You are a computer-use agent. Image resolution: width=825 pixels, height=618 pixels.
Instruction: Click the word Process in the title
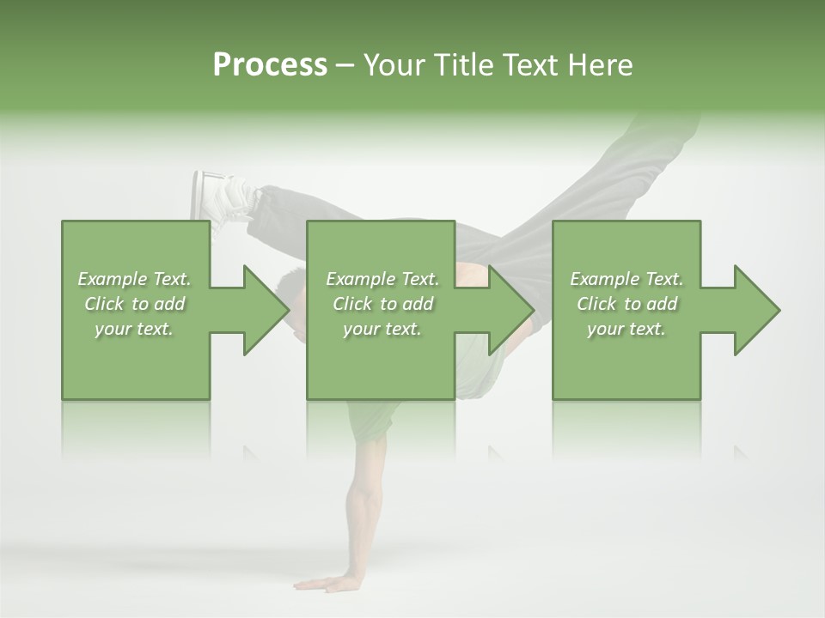click(270, 65)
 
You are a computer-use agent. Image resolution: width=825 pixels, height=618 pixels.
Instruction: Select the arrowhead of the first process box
click(263, 310)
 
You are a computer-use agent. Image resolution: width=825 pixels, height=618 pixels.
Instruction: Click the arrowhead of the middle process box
click(509, 310)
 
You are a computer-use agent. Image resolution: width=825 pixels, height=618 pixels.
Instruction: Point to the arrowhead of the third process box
click(755, 310)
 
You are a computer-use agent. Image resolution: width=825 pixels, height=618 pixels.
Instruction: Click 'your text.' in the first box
click(134, 329)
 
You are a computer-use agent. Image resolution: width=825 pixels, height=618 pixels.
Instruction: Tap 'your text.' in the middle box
click(382, 329)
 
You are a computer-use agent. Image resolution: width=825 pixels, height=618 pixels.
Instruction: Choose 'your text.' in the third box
click(626, 329)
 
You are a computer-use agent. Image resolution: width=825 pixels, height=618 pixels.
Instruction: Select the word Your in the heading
click(394, 65)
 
